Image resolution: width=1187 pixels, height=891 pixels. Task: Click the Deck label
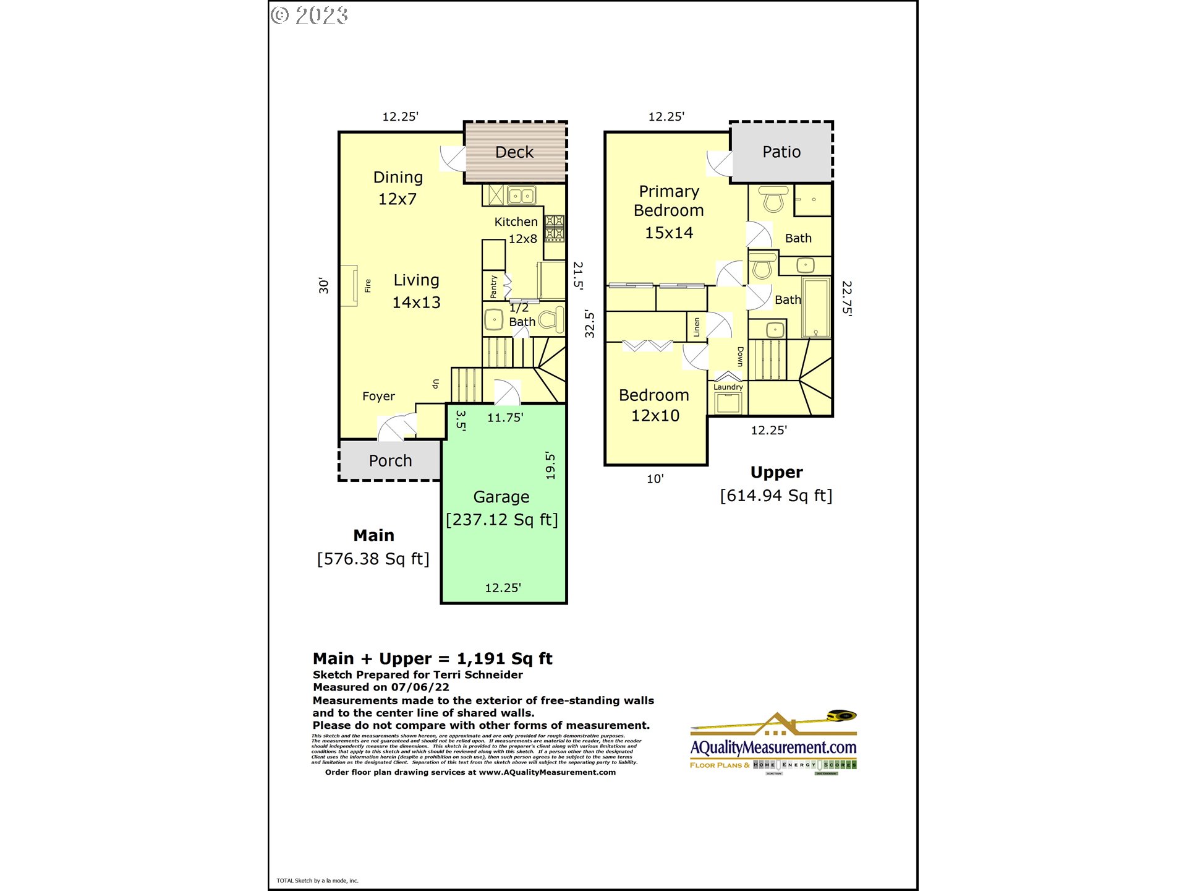point(514,152)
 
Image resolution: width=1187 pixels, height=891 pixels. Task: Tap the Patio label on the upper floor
point(781,152)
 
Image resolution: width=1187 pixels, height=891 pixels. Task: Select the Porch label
point(390,461)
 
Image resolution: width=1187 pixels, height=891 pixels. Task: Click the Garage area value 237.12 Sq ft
point(502,520)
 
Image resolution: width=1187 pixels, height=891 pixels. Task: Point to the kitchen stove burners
point(554,228)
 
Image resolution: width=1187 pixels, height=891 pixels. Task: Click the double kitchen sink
point(521,196)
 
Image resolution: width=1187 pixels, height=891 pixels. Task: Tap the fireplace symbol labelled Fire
point(349,285)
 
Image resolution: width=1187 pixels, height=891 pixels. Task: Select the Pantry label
point(493,286)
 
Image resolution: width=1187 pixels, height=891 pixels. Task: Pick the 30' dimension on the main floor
point(324,285)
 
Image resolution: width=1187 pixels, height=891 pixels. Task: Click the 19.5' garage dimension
point(550,465)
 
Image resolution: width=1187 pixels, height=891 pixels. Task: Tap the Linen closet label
point(697,327)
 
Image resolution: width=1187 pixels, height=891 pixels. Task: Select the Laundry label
point(728,387)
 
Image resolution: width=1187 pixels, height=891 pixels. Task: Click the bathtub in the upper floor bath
point(816,308)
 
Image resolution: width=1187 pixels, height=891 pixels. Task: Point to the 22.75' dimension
point(846,298)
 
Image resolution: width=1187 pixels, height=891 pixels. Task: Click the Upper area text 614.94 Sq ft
point(776,496)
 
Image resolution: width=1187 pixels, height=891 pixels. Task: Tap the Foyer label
point(378,396)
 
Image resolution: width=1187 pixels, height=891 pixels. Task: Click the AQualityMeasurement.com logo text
point(773,747)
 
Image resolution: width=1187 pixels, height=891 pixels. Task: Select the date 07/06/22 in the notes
point(420,687)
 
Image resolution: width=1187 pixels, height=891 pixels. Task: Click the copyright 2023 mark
point(310,15)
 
